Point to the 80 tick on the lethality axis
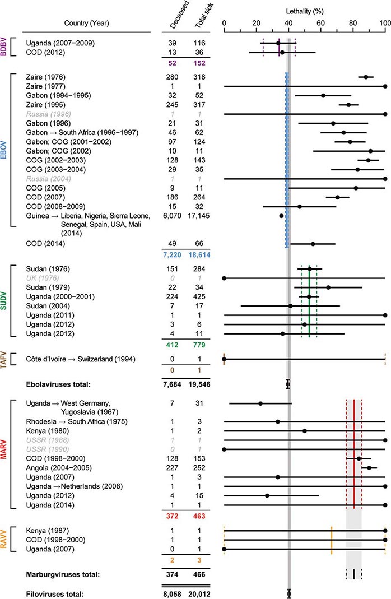(353, 23)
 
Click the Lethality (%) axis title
(304, 11)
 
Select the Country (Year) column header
(81, 23)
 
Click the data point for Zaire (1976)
(366, 77)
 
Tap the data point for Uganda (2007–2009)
(278, 43)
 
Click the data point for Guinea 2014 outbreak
(281, 216)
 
